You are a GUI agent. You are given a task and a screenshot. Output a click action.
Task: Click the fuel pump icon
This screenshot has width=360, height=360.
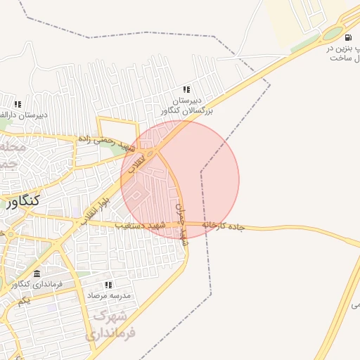coord(348,37)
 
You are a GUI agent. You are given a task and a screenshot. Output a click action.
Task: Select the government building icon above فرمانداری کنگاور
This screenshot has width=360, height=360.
coord(37,274)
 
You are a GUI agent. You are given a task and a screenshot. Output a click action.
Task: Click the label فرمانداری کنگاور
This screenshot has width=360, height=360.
coord(39,284)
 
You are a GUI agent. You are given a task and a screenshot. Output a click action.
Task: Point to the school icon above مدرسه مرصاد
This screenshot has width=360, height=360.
coord(108,285)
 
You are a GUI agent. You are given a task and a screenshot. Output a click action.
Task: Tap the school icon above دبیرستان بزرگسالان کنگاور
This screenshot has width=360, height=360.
coord(186,89)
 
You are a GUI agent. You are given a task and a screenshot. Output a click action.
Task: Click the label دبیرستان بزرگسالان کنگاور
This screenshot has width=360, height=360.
coord(186,105)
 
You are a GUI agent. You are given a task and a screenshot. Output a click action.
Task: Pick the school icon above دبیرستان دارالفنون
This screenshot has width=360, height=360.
coord(18,104)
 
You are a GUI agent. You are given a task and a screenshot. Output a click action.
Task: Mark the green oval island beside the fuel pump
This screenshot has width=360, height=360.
coord(331,34)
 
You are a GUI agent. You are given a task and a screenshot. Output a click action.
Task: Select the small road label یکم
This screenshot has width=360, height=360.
coord(24,300)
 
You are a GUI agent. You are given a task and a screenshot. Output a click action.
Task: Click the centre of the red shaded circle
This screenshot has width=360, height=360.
coord(180,179)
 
